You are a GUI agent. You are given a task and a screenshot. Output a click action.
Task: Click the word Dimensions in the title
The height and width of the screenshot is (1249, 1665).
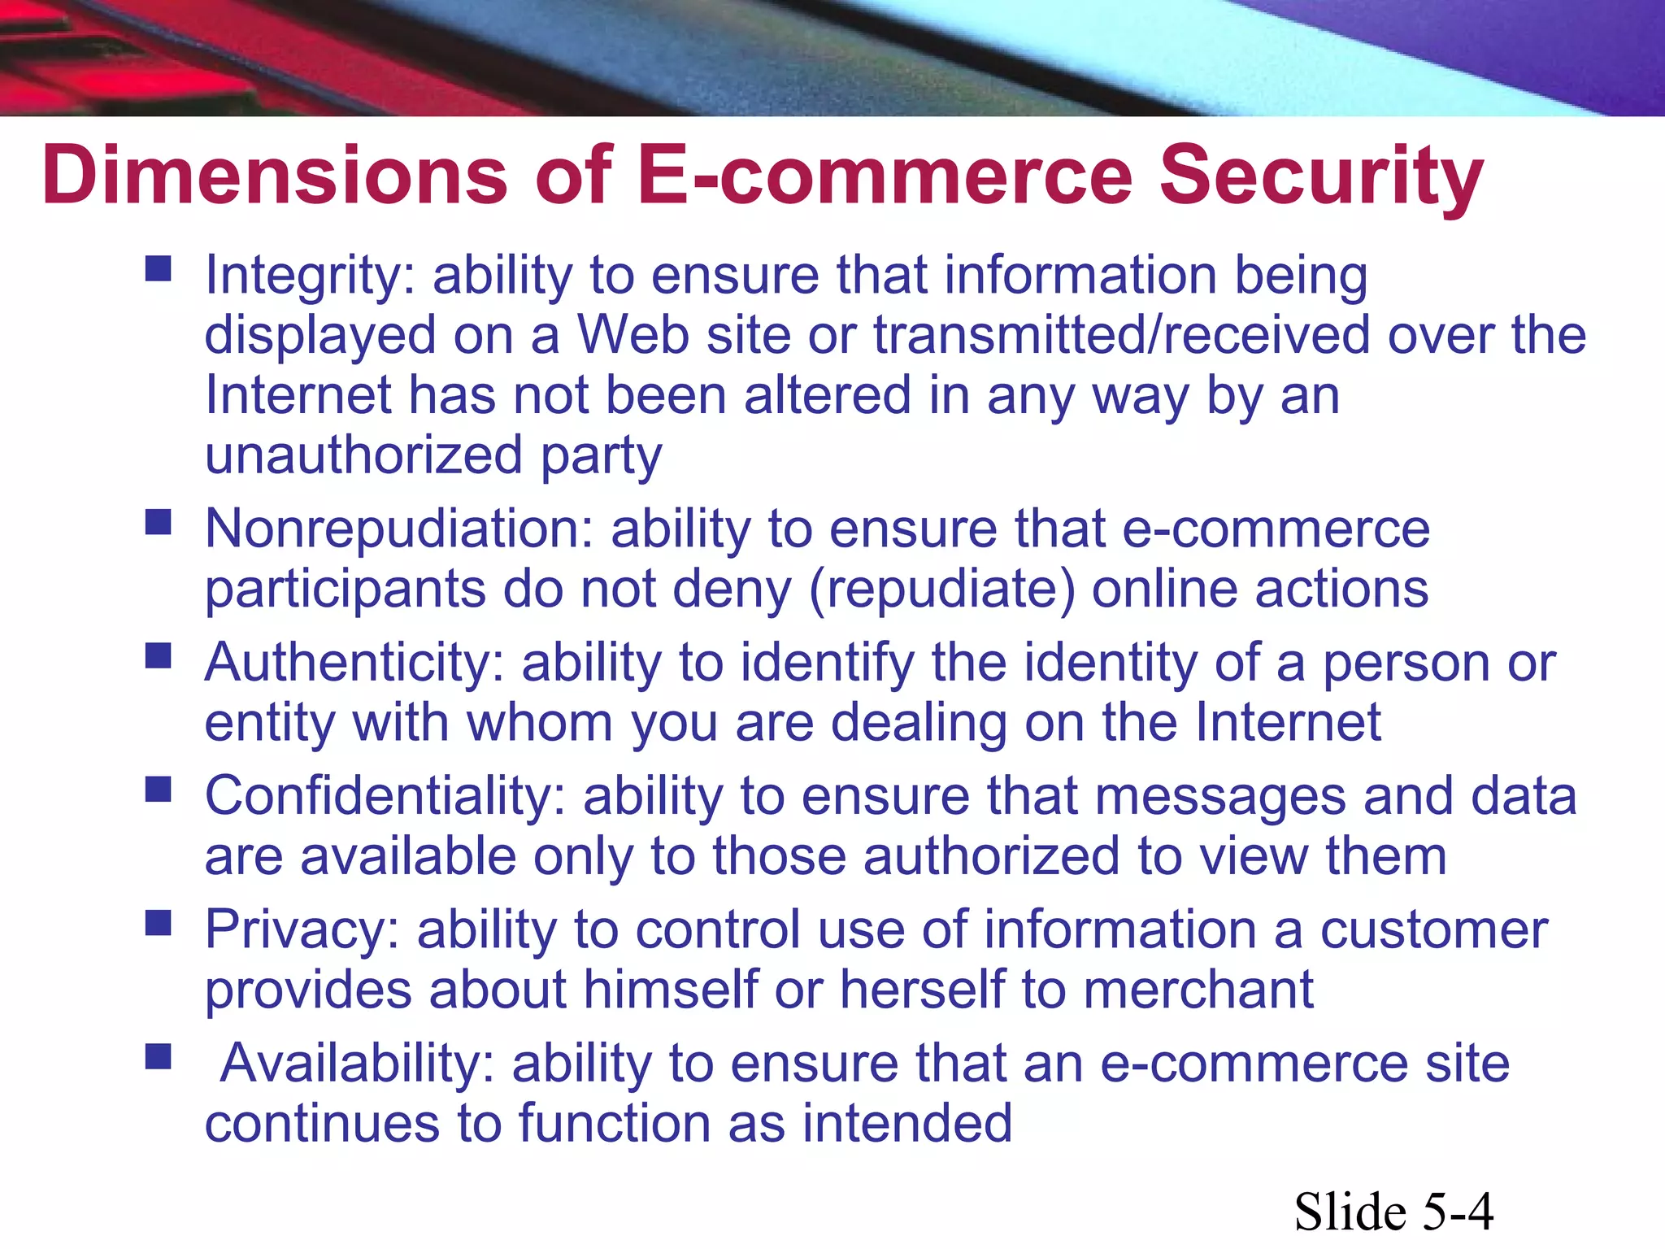[x=275, y=175]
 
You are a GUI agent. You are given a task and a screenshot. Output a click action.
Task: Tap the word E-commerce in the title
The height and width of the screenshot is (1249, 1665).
[x=885, y=175]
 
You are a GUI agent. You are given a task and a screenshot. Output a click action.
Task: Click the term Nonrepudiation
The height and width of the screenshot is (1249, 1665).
[x=399, y=529]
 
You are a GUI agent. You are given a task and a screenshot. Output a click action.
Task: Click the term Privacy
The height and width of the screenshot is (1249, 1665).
[x=302, y=931]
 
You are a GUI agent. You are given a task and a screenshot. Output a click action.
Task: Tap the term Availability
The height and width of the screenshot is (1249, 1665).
[x=358, y=1064]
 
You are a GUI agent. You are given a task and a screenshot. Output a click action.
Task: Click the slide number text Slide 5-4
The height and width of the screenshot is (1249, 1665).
[x=1393, y=1212]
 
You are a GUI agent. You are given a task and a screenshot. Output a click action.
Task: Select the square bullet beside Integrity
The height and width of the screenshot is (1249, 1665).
[x=159, y=268]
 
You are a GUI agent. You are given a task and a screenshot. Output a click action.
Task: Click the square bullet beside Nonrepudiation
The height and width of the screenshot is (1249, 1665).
[x=159, y=522]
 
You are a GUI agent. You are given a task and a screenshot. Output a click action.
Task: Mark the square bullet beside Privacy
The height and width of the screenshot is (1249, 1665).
[x=159, y=923]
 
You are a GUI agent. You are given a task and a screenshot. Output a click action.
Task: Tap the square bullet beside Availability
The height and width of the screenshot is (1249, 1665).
[x=159, y=1056]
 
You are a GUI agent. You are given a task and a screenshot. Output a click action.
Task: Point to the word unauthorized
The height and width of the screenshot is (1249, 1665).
[x=363, y=455]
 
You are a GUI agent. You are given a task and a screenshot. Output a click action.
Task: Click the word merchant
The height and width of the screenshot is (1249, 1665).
[x=1198, y=990]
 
